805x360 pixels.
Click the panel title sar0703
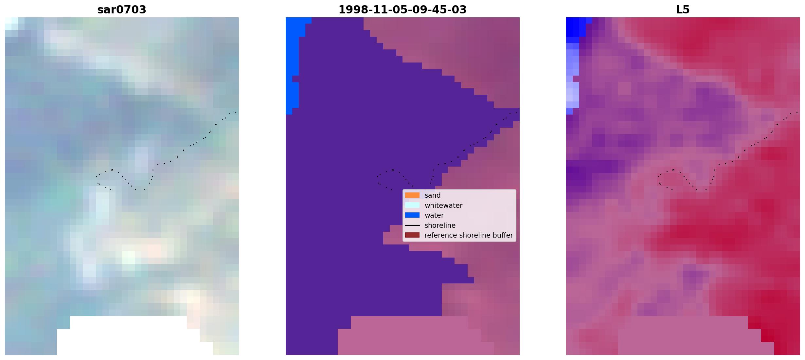pyautogui.click(x=122, y=9)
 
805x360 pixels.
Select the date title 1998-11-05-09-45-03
pyautogui.click(x=402, y=9)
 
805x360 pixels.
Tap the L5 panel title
pyautogui.click(x=683, y=9)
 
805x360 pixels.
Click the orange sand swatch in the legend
pyautogui.click(x=412, y=195)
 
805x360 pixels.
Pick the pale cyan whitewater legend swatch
pyautogui.click(x=412, y=205)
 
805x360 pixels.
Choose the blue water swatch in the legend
pyautogui.click(x=412, y=215)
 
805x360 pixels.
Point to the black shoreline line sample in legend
pyautogui.click(x=412, y=225)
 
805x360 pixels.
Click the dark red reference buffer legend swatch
pyautogui.click(x=412, y=235)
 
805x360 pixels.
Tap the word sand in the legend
pyautogui.click(x=433, y=195)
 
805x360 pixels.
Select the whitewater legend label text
pyautogui.click(x=443, y=206)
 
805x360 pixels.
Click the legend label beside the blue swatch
pyautogui.click(x=434, y=215)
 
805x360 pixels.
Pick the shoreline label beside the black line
pyautogui.click(x=440, y=225)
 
